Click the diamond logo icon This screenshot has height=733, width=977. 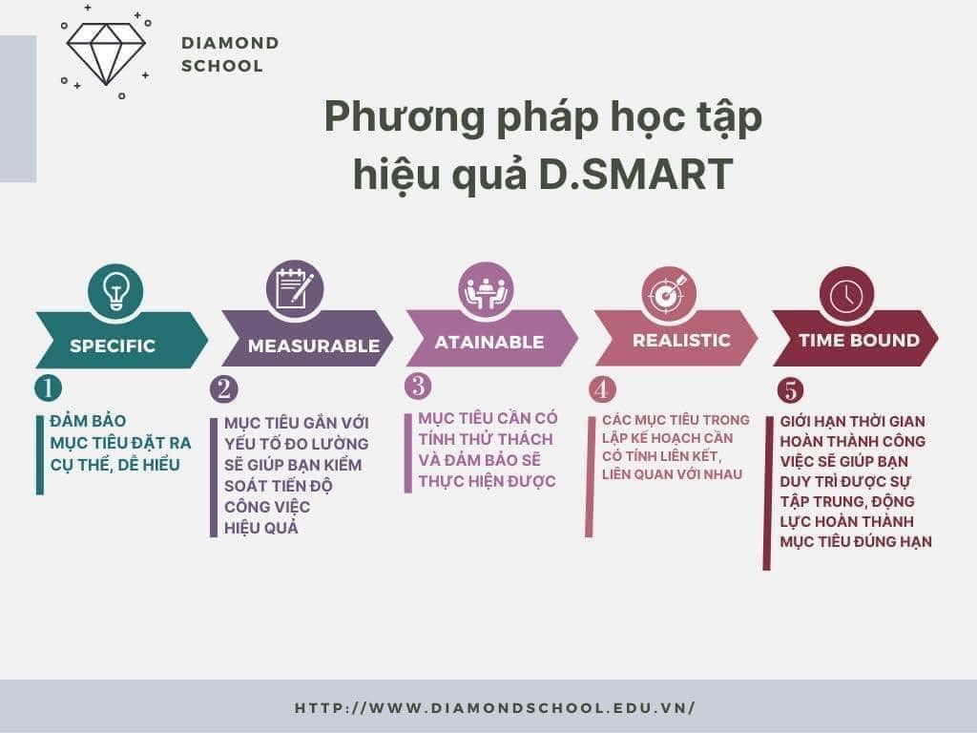(106, 52)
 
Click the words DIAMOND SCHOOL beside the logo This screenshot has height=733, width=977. (230, 54)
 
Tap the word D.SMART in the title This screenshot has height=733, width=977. (635, 174)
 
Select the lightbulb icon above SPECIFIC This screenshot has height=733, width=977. (115, 291)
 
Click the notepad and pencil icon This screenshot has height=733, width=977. (295, 288)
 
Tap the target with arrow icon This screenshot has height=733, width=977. (669, 293)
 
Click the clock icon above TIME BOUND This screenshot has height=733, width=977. (847, 294)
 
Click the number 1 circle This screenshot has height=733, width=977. (48, 387)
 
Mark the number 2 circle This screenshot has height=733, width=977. (223, 388)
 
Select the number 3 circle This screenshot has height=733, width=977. (418, 386)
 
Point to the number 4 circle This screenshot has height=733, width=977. (602, 389)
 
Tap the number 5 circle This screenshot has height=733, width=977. (790, 390)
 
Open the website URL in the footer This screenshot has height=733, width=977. (495, 708)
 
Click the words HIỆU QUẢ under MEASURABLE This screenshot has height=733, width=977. (261, 529)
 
